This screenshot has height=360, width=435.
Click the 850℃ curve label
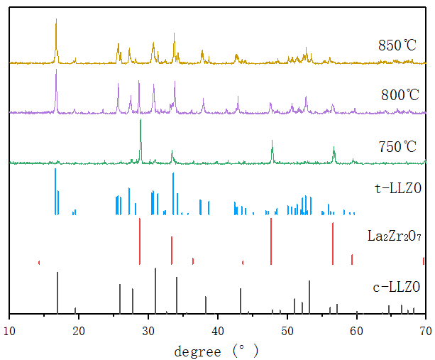click(x=397, y=46)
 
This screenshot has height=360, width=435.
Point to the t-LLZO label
click(x=397, y=189)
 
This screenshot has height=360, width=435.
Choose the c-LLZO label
click(x=397, y=288)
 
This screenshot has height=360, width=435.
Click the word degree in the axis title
click(x=199, y=350)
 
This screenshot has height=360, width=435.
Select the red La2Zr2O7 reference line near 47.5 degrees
click(x=271, y=241)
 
